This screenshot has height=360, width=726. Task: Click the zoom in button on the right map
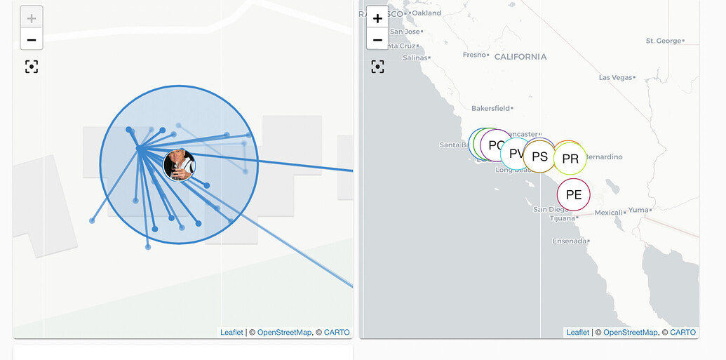(377, 18)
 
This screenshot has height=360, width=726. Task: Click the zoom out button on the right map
(377, 39)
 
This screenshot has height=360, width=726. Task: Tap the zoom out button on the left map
(32, 39)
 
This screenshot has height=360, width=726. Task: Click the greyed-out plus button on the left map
(32, 18)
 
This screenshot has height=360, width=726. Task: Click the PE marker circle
(574, 195)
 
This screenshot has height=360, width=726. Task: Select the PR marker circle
(570, 159)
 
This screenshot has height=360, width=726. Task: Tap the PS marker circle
(539, 156)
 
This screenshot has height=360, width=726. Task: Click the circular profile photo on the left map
(179, 165)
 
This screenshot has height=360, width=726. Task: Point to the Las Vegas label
(615, 77)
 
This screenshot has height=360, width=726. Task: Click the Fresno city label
(474, 55)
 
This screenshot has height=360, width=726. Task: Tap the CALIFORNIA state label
(520, 57)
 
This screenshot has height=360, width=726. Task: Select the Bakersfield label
(490, 109)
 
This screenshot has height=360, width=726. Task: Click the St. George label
(664, 41)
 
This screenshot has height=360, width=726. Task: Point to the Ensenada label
(569, 241)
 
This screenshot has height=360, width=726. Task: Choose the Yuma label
(638, 210)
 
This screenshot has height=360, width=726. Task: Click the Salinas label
(415, 58)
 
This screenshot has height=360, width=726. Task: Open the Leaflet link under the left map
(231, 333)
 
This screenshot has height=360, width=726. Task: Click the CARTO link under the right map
(683, 333)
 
